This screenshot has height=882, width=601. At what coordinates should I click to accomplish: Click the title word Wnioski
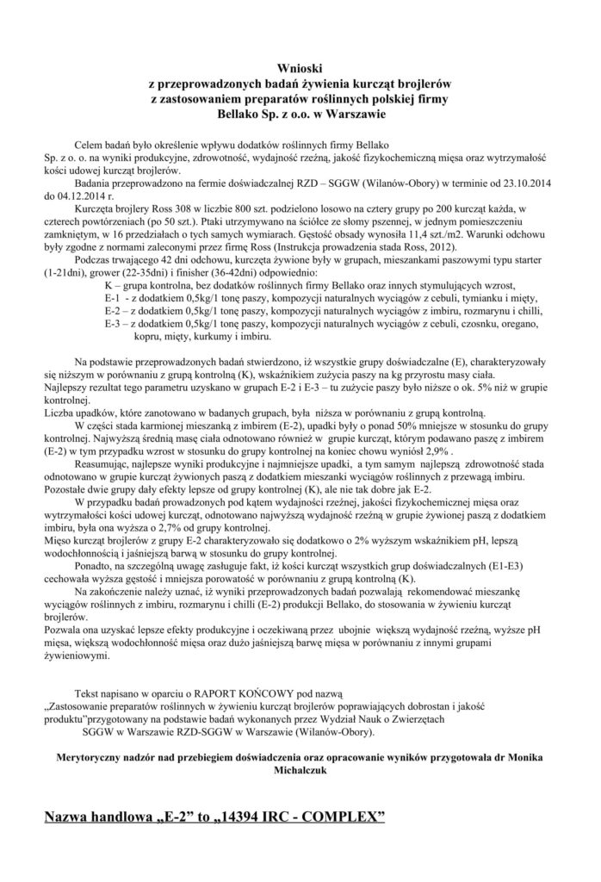tap(300, 66)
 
